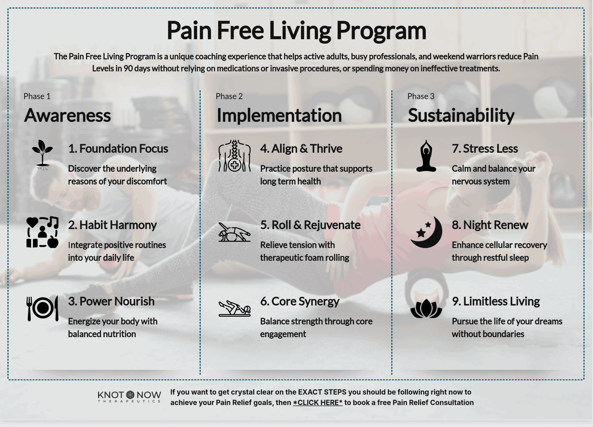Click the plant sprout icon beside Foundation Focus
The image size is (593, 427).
[43, 155]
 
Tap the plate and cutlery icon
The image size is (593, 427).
[43, 308]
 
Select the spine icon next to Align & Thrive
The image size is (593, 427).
[235, 156]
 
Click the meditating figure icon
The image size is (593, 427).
[426, 156]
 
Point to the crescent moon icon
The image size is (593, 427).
[427, 232]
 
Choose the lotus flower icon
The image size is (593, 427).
[426, 309]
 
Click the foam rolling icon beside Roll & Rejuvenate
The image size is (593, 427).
[235, 232]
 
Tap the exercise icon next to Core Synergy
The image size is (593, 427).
[235, 309]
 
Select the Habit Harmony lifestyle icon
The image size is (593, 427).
[43, 232]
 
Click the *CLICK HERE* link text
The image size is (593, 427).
[318, 403]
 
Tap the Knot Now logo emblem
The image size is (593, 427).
[130, 395]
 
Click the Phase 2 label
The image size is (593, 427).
[229, 96]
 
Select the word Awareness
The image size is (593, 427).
[67, 116]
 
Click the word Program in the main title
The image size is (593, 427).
[381, 31]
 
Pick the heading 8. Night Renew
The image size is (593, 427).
[490, 225]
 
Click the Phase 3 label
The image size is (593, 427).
[421, 96]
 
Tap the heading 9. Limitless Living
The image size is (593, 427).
[496, 302]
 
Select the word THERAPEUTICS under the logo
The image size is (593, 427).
[129, 401]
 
